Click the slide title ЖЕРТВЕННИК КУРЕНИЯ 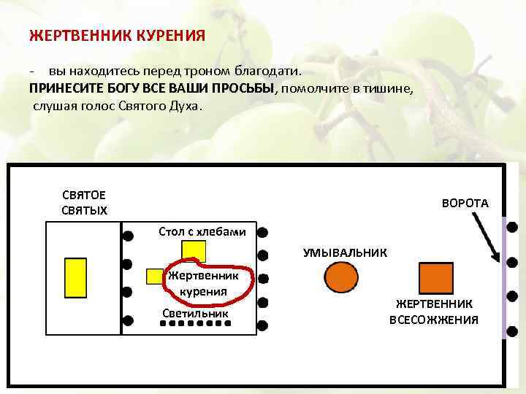[117, 34]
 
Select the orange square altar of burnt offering [436, 278]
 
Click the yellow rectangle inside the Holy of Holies [75, 279]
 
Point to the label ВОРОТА [465, 203]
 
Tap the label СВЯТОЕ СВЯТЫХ [84, 203]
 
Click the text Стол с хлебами [207, 231]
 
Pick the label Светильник [195, 313]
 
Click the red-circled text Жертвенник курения [204, 284]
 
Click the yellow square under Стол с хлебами [194, 250]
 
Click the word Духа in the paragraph [191, 105]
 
